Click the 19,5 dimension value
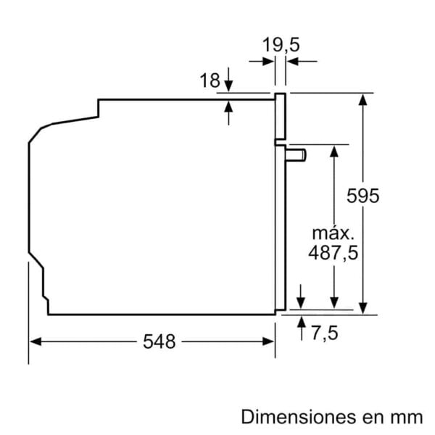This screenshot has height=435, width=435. point(281,45)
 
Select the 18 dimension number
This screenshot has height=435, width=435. point(210,80)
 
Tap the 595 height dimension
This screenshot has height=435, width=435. point(362,196)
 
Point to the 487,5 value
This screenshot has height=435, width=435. point(333,253)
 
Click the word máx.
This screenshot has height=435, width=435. point(333,233)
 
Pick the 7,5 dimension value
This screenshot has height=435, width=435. point(325,333)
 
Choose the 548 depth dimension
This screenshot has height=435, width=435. point(159,341)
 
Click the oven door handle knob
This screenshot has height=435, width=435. point(296,155)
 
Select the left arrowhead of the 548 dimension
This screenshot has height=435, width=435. point(36,341)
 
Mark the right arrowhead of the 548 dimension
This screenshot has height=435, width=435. point(268,341)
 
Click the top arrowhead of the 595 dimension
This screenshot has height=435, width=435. point(362,100)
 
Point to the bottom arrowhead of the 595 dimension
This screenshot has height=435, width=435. point(362,309)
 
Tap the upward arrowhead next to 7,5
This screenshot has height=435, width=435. point(302,322)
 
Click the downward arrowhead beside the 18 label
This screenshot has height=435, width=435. point(228,85)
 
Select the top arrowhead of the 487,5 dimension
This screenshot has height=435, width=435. point(334,152)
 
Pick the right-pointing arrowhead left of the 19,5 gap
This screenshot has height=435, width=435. point(268,62)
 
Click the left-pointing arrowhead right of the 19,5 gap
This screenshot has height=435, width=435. point(292,62)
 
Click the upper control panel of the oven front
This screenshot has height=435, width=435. point(280,117)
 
